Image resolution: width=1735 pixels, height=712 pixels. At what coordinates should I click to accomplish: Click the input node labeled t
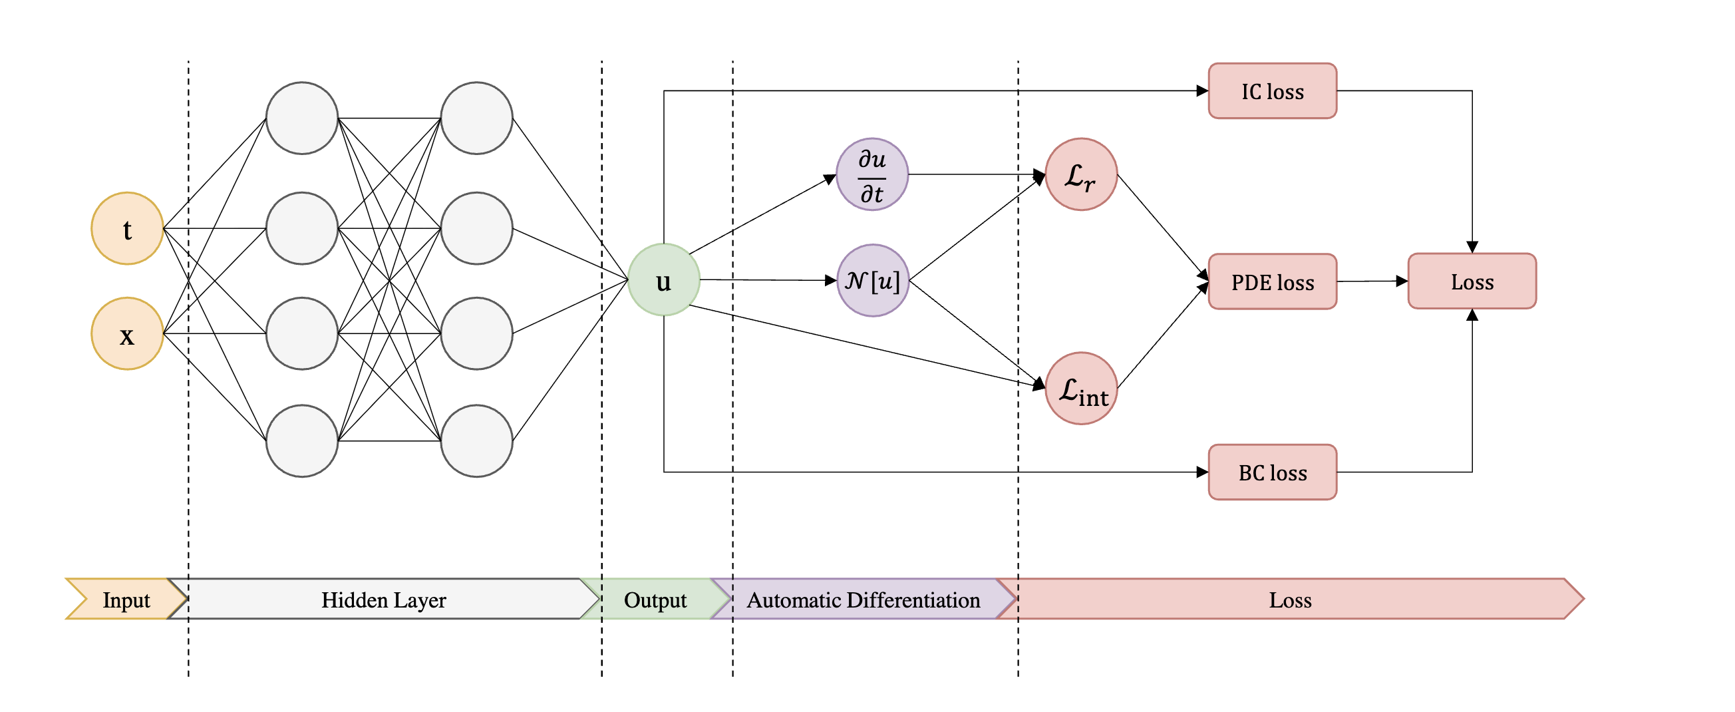point(127,228)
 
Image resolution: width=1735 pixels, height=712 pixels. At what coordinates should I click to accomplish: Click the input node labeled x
point(127,333)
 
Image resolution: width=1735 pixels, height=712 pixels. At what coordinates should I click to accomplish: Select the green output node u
point(663,279)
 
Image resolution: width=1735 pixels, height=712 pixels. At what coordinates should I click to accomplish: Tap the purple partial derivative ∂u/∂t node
point(872,174)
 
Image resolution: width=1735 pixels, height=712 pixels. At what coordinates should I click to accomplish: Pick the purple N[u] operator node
point(872,280)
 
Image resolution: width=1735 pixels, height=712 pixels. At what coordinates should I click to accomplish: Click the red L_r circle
point(1081,174)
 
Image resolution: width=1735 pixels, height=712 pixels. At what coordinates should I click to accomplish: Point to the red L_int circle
point(1081,389)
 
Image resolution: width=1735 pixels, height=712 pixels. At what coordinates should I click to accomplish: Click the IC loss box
point(1272,91)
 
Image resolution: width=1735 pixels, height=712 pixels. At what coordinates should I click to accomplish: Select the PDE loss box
point(1272,281)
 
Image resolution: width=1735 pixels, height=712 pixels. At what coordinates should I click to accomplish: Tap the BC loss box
point(1272,472)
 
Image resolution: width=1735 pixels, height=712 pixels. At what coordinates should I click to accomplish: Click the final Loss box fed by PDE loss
point(1472,281)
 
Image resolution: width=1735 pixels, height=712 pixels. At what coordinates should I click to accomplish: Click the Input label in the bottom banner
point(126,599)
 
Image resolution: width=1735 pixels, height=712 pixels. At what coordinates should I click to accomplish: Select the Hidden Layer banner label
point(383,599)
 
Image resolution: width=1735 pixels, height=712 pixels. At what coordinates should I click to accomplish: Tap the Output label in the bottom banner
point(655,599)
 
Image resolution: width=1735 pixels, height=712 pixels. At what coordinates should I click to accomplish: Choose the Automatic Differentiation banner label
point(863,599)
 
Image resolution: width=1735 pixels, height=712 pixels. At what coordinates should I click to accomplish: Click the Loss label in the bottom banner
point(1290,599)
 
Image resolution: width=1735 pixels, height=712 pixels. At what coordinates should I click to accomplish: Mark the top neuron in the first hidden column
point(302,118)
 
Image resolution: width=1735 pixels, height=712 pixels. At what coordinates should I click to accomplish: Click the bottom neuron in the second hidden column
point(476,441)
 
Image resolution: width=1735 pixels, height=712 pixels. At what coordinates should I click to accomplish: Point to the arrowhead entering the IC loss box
point(1202,91)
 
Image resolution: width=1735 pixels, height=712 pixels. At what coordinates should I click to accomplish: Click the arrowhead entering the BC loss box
point(1202,472)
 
